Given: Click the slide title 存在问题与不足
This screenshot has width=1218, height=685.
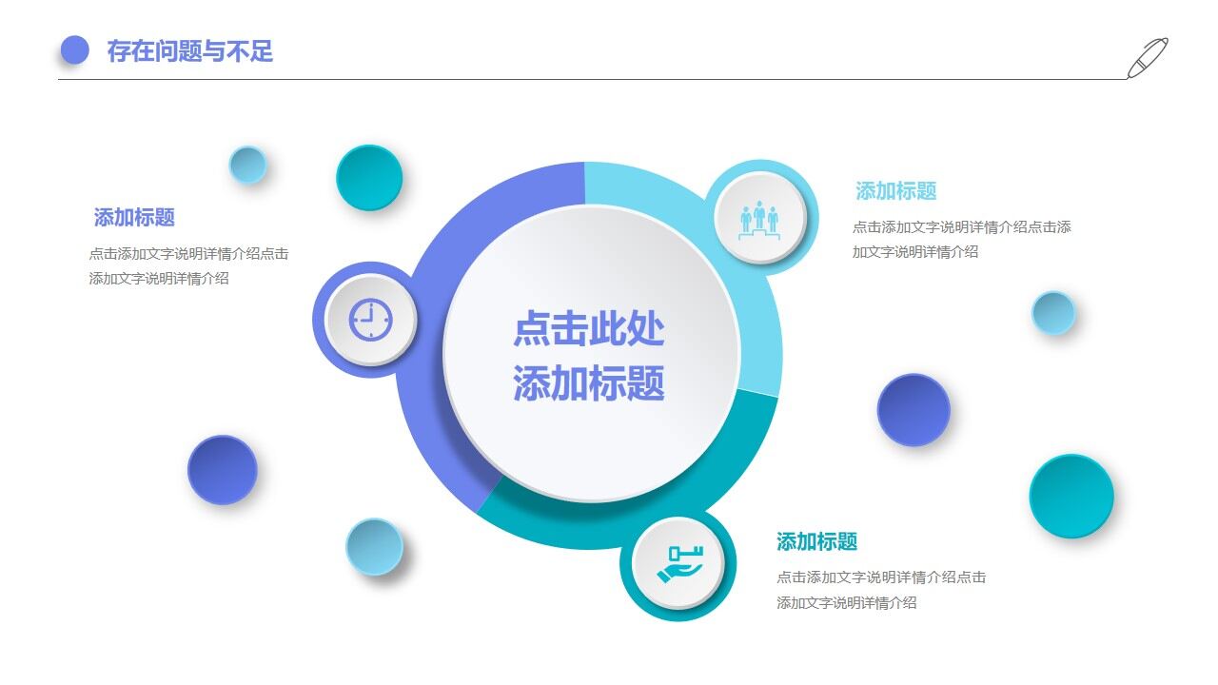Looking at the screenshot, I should tap(189, 50).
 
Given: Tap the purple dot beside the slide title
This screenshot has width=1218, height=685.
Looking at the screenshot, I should tap(74, 50).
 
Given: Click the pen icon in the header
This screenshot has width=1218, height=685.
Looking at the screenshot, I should tap(1148, 57).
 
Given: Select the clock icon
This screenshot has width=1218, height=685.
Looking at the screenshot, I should tap(370, 320).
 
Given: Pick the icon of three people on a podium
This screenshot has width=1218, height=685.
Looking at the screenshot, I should tap(759, 218).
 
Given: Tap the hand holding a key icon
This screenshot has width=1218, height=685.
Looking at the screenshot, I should tap(678, 563).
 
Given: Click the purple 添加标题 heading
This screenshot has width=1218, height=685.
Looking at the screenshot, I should tap(134, 218).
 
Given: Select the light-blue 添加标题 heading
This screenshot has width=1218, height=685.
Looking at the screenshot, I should tap(895, 191).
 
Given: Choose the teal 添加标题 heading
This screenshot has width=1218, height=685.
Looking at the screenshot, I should tap(816, 542).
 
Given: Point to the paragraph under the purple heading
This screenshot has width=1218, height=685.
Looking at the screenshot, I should tap(188, 266).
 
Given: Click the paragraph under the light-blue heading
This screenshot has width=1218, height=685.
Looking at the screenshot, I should tap(961, 240).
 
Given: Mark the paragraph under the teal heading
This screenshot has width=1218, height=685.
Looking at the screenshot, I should tap(880, 590).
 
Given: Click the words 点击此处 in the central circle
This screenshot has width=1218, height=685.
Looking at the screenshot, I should tap(588, 329).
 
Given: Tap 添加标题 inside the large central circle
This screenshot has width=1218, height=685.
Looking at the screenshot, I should tap(588, 383).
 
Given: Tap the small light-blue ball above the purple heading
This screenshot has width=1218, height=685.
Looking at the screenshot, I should tap(247, 165).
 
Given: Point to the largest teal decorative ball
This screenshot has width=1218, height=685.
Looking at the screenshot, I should tap(1071, 496).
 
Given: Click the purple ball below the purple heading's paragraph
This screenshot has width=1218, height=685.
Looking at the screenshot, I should tap(223, 470).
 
